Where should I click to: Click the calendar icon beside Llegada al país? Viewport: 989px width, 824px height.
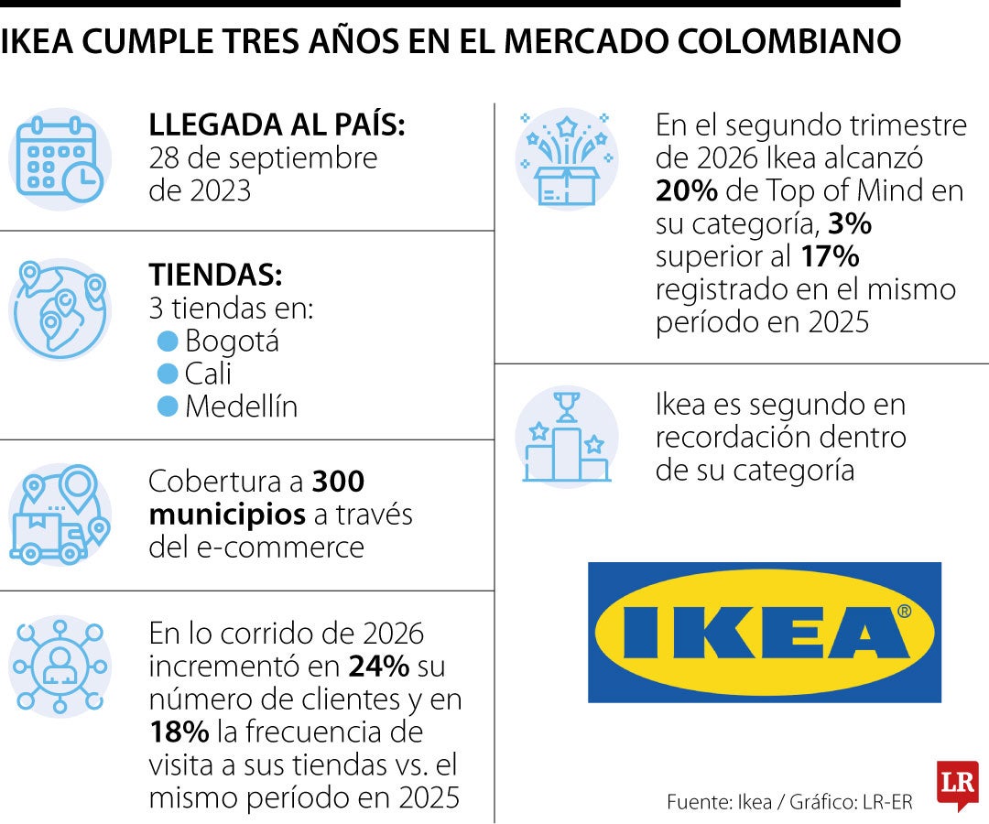pyautogui.click(x=60, y=159)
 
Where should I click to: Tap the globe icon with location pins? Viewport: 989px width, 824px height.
pyautogui.click(x=60, y=309)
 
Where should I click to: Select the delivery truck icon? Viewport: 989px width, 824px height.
pyautogui.click(x=60, y=515)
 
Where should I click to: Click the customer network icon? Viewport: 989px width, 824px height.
pyautogui.click(x=60, y=667)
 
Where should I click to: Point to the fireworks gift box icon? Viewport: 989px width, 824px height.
pyautogui.click(x=566, y=159)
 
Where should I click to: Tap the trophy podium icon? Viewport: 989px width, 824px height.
pyautogui.click(x=566, y=437)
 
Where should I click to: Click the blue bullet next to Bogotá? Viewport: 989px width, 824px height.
pyautogui.click(x=168, y=342)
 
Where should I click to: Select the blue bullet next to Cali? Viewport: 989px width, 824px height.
pyautogui.click(x=168, y=374)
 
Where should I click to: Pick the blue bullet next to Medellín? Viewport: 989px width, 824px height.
pyautogui.click(x=168, y=407)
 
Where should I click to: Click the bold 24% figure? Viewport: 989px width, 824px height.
pyautogui.click(x=379, y=667)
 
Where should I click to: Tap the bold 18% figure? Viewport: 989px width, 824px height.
pyautogui.click(x=179, y=732)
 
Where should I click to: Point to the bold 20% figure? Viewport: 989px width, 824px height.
pyautogui.click(x=686, y=190)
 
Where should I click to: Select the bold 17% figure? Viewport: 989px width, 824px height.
pyautogui.click(x=830, y=256)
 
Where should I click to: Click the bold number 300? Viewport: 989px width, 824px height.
pyautogui.click(x=338, y=482)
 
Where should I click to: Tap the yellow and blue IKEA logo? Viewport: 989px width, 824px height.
pyautogui.click(x=765, y=633)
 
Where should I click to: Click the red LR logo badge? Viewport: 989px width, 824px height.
pyautogui.click(x=958, y=784)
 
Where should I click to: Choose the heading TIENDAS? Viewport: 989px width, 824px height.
pyautogui.click(x=216, y=275)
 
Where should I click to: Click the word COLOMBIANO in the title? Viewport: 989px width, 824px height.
pyautogui.click(x=789, y=41)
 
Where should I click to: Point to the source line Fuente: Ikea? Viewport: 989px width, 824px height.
pyautogui.click(x=719, y=802)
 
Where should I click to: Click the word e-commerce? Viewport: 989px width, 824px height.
pyautogui.click(x=280, y=548)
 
